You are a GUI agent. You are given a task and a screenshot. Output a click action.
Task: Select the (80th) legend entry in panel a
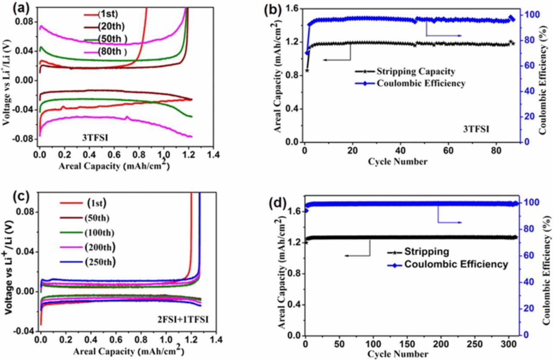pos(112,52)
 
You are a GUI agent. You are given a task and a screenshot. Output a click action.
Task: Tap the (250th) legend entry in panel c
pos(100,262)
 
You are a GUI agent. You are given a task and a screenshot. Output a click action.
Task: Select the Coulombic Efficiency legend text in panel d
pos(456,264)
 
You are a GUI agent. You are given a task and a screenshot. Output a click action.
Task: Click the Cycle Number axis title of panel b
pos(398,162)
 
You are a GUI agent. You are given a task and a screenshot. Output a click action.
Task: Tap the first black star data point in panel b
pos(307,70)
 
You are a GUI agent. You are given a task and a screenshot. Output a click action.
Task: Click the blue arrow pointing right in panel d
pos(454,222)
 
